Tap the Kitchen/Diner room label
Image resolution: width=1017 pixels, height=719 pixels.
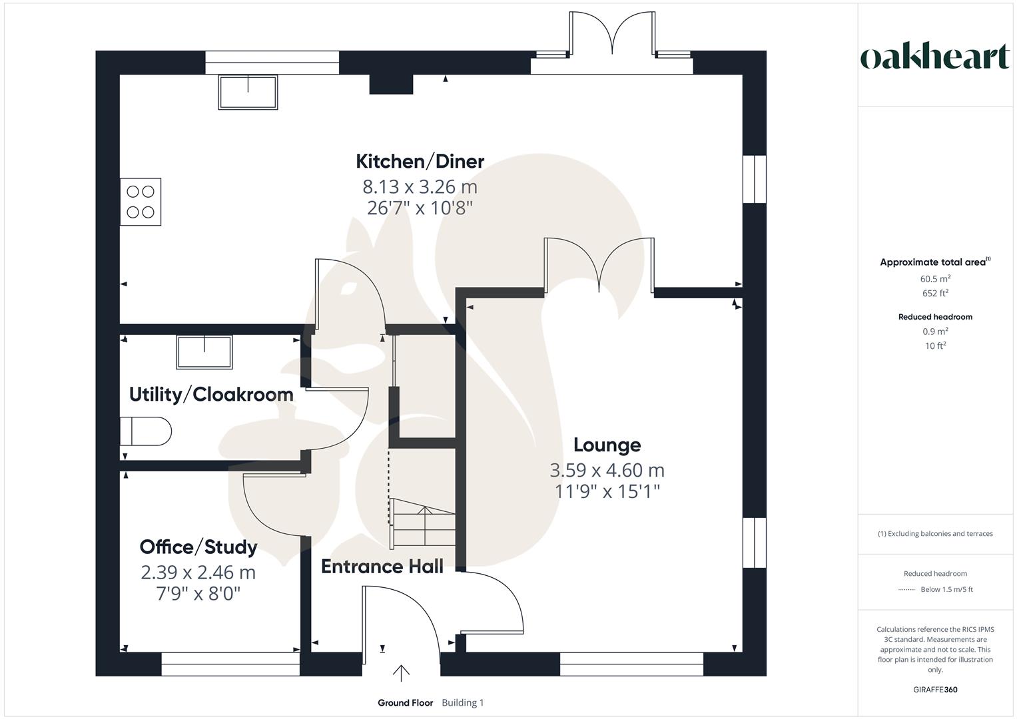coord(420,161)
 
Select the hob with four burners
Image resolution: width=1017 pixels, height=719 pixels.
coord(141,202)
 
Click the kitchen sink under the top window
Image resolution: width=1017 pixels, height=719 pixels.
coord(248,92)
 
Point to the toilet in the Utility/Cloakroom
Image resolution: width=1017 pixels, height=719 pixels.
coord(146,431)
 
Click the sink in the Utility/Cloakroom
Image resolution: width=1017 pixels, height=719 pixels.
coord(204,352)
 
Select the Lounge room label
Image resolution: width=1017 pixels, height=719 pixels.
coord(607,445)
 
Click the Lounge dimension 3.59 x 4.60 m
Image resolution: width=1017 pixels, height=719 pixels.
coord(607,470)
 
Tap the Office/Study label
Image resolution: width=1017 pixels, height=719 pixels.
coord(198,547)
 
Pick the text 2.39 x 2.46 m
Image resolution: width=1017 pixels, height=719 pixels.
coord(198,573)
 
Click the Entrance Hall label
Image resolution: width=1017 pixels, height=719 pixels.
coord(382,567)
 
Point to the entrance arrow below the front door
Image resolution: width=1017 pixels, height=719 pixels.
coord(401,674)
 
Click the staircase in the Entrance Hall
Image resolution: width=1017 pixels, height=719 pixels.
coord(422,523)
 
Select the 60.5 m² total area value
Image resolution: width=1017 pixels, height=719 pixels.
coord(935,279)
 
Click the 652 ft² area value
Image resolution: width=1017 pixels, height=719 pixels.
coord(935,293)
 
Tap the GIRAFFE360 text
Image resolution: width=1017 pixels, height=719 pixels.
coord(935,690)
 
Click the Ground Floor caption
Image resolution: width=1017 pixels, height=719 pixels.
coord(405,703)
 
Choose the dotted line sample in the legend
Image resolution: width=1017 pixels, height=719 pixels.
coord(906,590)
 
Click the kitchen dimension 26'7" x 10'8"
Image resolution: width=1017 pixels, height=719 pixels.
coord(420,208)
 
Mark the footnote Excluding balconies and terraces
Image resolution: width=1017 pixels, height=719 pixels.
coord(935,533)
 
